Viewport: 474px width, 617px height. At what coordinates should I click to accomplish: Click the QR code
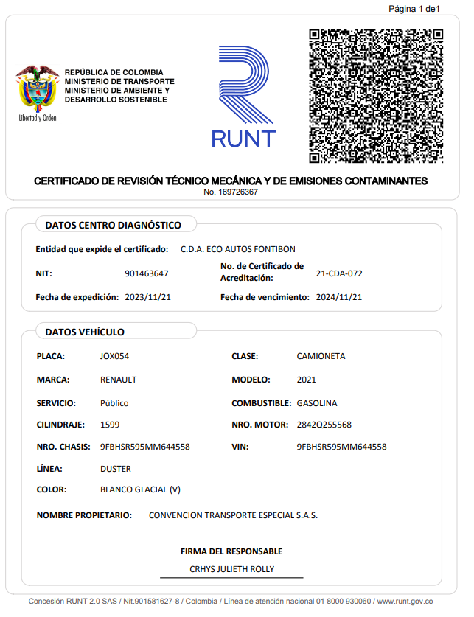375,96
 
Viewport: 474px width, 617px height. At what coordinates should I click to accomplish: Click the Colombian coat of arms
37,89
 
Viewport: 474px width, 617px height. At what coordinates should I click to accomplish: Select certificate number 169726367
231,192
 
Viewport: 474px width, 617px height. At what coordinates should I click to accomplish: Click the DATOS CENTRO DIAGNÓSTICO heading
113,225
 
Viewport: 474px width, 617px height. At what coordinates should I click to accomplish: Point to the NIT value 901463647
147,273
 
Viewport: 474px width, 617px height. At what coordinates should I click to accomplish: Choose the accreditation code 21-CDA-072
339,273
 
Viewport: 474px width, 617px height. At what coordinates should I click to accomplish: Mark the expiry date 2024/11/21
339,297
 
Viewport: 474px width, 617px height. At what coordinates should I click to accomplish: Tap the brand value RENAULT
118,380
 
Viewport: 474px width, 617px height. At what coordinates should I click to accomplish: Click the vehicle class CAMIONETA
321,356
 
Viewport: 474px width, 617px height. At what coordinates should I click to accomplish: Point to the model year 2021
306,380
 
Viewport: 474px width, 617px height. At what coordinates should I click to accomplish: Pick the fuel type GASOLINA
317,403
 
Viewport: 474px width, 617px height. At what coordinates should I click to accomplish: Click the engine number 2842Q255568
324,425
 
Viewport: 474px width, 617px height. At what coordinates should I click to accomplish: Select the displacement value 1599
110,425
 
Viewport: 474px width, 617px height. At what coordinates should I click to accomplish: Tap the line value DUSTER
116,469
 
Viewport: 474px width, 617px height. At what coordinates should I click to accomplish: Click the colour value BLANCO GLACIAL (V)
140,489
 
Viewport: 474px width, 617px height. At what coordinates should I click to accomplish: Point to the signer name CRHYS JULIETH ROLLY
231,569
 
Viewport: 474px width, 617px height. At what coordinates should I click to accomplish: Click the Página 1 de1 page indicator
414,9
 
